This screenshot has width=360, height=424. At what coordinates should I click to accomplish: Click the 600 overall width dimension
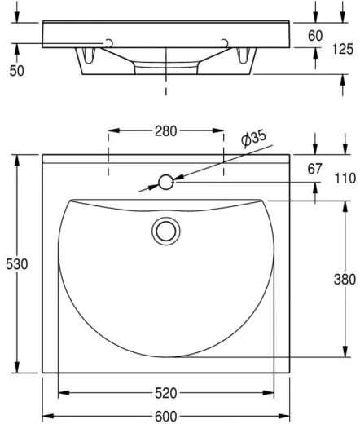pos(165,416)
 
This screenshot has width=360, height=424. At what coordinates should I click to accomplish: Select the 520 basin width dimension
pos(165,393)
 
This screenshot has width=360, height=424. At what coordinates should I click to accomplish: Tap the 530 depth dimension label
pos(17,264)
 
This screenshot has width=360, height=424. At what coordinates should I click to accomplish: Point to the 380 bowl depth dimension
pos(345,279)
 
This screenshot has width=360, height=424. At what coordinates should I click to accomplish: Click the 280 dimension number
pos(165,131)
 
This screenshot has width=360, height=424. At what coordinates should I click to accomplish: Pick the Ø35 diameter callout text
pos(253,138)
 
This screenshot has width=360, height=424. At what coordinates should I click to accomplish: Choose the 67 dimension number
pos(314,169)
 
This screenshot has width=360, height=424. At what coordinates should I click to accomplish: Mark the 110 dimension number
pos(345,179)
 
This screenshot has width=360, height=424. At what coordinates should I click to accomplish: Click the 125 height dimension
pos(343,49)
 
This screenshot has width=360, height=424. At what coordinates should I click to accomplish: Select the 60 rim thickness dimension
pos(315,36)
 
